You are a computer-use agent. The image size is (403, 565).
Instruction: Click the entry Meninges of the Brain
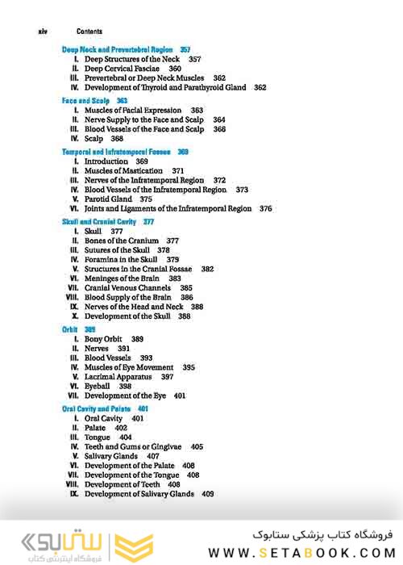tap(123, 278)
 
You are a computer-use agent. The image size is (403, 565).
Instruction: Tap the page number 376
tap(265, 208)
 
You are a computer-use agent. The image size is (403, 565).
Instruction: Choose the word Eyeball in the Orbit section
tap(98, 387)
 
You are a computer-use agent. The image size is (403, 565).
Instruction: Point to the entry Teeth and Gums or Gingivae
tap(133, 446)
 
